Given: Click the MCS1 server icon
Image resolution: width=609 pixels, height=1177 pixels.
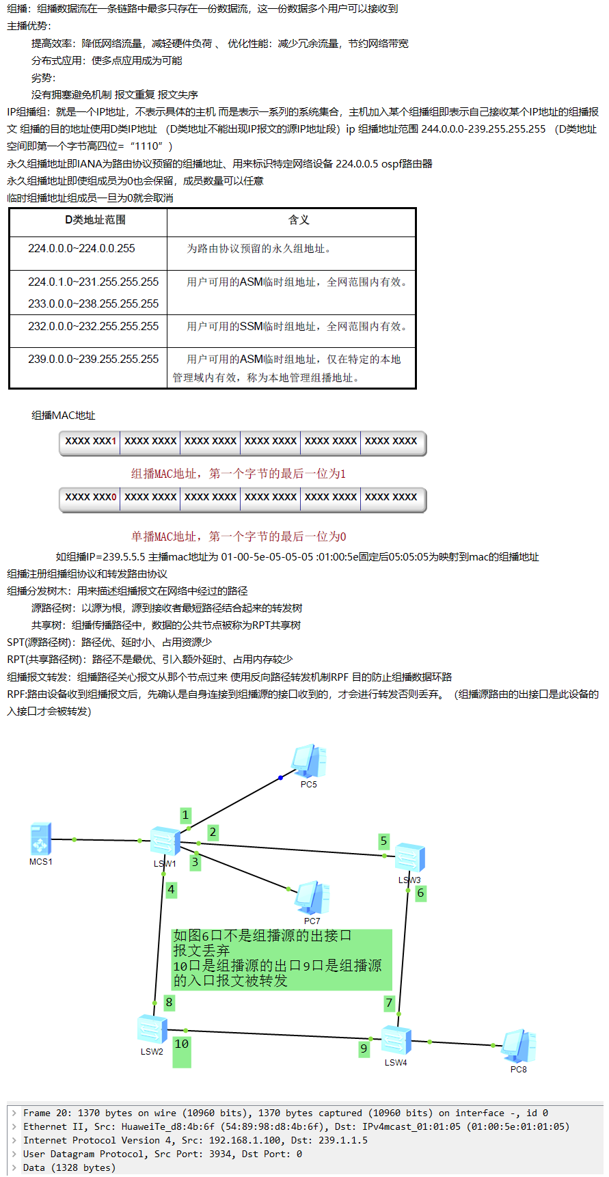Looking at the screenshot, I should click(x=40, y=839).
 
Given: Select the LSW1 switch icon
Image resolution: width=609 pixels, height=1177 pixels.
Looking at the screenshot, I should click(x=165, y=841).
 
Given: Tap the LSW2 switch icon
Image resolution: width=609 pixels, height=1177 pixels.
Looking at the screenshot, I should click(x=152, y=1029).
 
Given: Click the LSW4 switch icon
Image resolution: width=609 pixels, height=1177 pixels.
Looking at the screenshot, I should click(x=396, y=1040).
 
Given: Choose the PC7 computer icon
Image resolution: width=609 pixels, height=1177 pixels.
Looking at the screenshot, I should click(x=312, y=898).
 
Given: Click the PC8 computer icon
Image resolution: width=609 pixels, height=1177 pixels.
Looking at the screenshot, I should click(x=519, y=1046).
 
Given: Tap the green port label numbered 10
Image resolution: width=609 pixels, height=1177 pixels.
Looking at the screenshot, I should click(x=181, y=1044).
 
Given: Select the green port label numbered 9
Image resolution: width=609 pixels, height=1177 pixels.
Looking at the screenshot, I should click(x=364, y=1049).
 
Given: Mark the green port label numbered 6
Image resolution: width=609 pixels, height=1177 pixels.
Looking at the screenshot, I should click(x=420, y=893).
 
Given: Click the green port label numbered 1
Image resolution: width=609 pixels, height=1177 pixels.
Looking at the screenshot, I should click(x=185, y=815).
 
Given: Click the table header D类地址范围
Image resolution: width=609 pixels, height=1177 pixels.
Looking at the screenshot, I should click(x=95, y=220).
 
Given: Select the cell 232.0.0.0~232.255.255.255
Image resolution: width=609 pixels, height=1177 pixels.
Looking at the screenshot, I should click(x=93, y=327).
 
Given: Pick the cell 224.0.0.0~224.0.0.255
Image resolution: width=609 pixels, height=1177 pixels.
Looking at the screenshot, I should click(x=81, y=249).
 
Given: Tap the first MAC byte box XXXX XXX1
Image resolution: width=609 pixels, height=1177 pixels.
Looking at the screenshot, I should click(x=90, y=442).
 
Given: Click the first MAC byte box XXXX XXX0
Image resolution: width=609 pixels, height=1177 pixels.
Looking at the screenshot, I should click(x=90, y=498).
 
